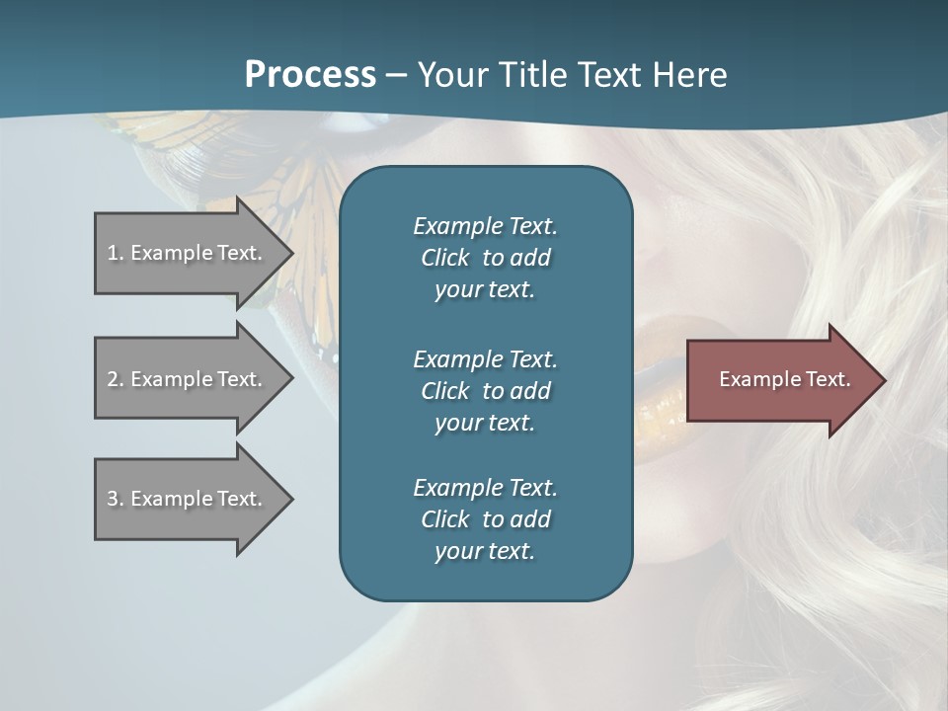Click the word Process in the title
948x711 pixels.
pos(310,74)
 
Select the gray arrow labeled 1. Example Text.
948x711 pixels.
pos(188,253)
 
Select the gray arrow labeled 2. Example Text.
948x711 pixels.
pos(188,379)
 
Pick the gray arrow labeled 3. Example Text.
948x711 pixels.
pos(188,499)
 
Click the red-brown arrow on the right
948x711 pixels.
pos(780,379)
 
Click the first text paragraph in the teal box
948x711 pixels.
pos(485,258)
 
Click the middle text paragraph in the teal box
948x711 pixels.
pos(485,390)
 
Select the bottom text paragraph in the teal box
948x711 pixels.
pos(485,519)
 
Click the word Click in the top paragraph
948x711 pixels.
pos(444,258)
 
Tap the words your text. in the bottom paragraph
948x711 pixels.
pos(485,551)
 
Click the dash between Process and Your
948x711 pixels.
pos(396,75)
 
